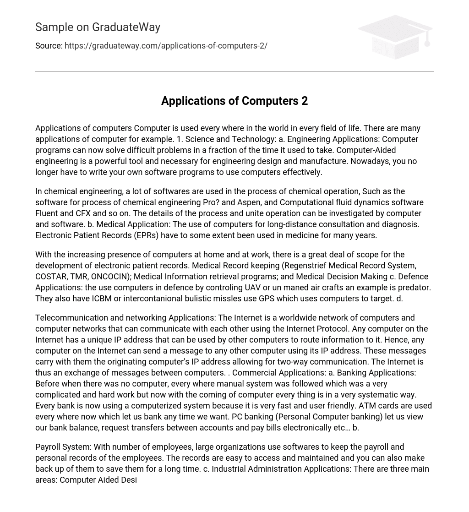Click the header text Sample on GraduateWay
[x=98, y=27]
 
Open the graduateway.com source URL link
[x=166, y=46]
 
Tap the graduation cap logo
[x=395, y=37]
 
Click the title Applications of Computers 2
[x=234, y=101]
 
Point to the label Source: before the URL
[x=49, y=46]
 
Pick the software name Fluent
[x=47, y=213]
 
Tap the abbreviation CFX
[x=83, y=213]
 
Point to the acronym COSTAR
[x=51, y=277]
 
